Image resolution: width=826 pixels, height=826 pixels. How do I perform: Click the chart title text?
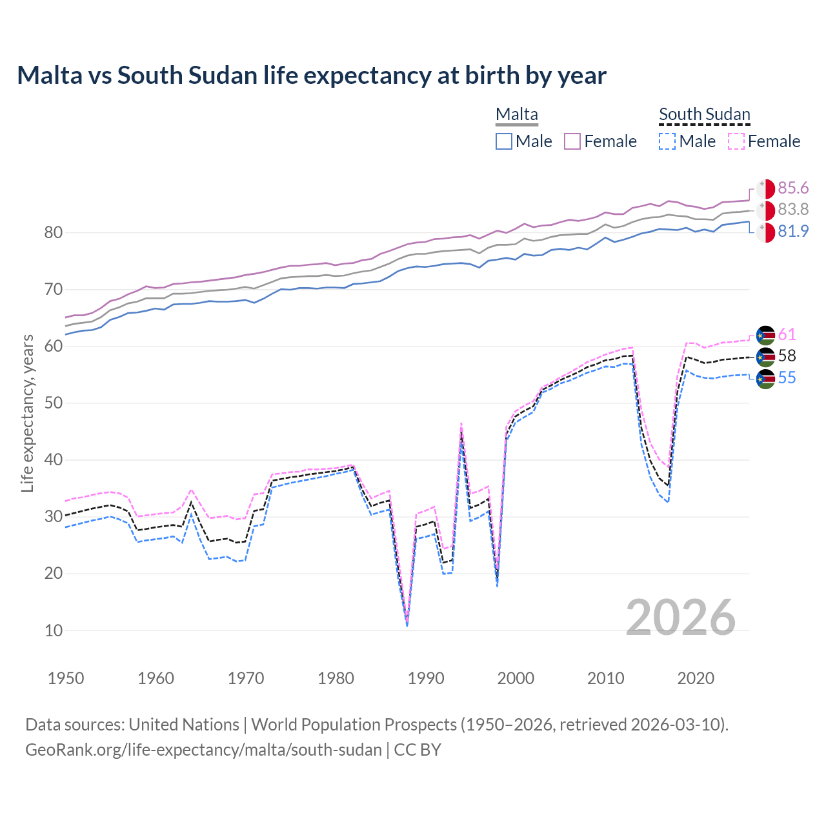tap(312, 76)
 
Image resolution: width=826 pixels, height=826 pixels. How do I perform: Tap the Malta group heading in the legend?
tap(516, 114)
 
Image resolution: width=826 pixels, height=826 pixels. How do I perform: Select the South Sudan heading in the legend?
tap(704, 114)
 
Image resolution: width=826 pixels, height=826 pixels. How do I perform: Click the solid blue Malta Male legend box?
tap(504, 141)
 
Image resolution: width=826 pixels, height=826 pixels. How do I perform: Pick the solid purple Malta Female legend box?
tap(572, 141)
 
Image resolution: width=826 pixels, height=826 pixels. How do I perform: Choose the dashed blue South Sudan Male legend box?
tap(667, 141)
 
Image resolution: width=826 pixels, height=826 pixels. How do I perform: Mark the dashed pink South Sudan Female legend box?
tap(736, 141)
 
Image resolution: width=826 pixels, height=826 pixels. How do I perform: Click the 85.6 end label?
tap(793, 188)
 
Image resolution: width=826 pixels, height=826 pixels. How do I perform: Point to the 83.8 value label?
tap(793, 209)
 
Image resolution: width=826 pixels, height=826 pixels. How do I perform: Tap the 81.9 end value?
tap(793, 231)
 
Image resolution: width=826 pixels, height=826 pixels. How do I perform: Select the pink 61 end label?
tap(787, 334)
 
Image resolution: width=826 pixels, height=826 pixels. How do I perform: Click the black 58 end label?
tap(787, 356)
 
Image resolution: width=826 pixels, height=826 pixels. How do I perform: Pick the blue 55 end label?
tap(787, 378)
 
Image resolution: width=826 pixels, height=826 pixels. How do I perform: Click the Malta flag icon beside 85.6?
tap(765, 188)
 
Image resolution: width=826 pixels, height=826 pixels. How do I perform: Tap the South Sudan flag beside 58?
tap(765, 356)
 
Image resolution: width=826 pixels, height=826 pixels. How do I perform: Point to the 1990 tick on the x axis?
tap(426, 678)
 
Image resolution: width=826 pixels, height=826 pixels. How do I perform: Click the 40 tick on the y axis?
tap(54, 460)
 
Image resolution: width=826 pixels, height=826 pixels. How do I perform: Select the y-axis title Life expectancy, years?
tap(28, 413)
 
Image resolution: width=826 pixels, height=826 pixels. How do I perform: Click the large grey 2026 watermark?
tap(680, 618)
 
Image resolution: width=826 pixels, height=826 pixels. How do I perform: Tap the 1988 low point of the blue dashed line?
tap(407, 625)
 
